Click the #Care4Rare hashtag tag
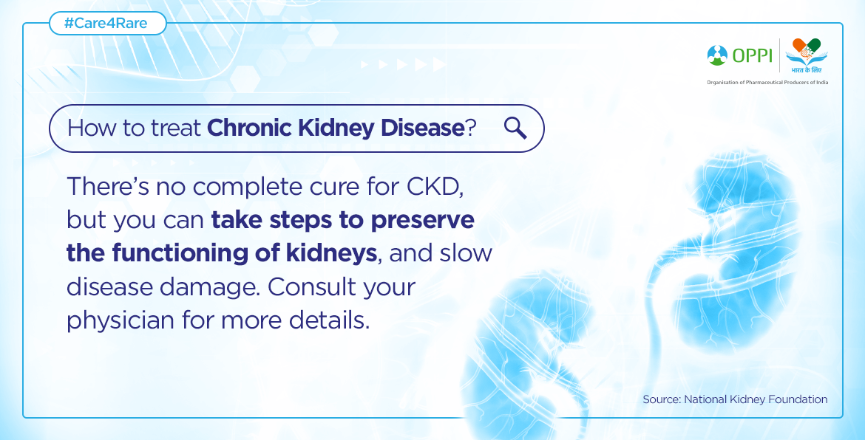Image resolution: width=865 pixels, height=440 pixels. click(108, 24)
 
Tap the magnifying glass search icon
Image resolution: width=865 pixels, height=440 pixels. click(515, 128)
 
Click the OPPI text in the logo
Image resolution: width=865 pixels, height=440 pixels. click(753, 55)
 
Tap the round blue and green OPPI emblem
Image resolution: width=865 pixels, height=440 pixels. click(718, 55)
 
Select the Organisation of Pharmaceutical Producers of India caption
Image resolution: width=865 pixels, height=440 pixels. click(767, 82)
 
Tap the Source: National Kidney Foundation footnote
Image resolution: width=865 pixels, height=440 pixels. click(735, 399)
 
